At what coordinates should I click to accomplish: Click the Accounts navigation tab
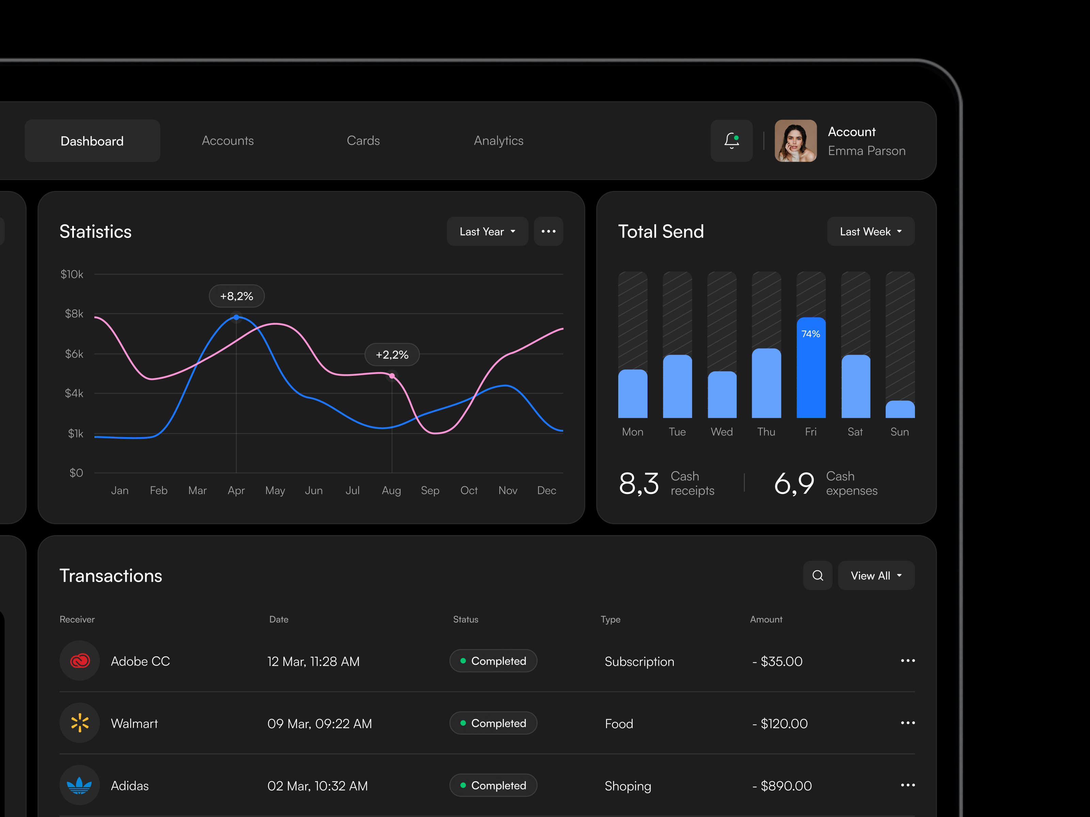coord(228,141)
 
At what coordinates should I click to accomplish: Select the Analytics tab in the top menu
coord(498,141)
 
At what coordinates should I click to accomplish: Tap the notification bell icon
coord(731,141)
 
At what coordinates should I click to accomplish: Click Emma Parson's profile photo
coord(795,141)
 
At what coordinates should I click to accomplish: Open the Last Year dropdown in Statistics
coord(487,231)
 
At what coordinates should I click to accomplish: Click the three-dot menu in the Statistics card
coord(548,231)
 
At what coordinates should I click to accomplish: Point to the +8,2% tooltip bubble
coord(236,296)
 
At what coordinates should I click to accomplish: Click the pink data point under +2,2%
coord(392,376)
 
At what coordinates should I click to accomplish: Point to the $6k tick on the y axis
coord(74,354)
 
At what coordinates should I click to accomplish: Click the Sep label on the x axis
coord(430,491)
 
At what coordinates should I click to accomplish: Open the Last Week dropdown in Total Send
coord(870,231)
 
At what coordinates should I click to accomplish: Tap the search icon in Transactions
coord(817,575)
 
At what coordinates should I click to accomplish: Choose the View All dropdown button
coord(876,575)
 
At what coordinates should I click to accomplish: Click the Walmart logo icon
coord(80,723)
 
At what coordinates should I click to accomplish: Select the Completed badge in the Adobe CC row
coord(493,661)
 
